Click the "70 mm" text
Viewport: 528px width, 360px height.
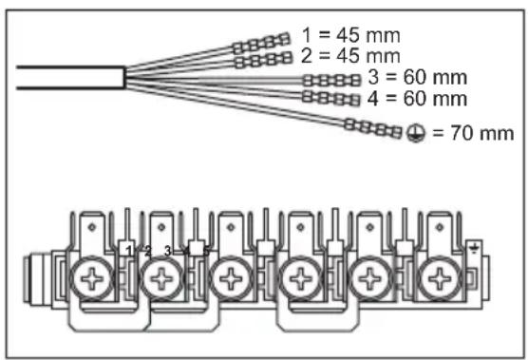(x=473, y=133)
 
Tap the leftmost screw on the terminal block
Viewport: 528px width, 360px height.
(x=92, y=280)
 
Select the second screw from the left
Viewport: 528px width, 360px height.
(x=161, y=280)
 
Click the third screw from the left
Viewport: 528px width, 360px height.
(x=229, y=280)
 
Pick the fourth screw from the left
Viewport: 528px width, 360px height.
(x=299, y=280)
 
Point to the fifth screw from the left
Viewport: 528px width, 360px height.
(x=368, y=280)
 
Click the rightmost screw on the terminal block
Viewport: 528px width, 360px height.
(x=438, y=280)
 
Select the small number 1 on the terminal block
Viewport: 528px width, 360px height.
(x=128, y=250)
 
